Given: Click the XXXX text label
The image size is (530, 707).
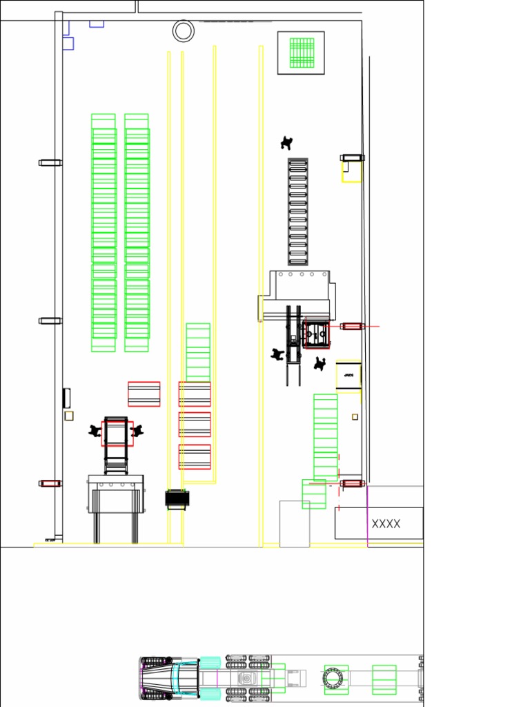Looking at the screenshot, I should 386,524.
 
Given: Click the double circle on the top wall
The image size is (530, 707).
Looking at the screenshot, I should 184,30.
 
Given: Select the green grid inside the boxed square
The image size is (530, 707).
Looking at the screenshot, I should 302,52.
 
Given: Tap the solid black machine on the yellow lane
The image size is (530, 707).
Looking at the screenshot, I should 177,498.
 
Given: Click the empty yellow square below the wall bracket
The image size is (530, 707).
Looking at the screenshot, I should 351,172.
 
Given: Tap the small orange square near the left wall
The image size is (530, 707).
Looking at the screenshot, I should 69,416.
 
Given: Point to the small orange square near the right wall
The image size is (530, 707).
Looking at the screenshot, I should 355,416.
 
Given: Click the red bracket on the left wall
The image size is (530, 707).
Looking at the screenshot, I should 50,483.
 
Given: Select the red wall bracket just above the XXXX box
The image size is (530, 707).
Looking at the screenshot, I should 352,483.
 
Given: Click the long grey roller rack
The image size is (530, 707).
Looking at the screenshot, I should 298,211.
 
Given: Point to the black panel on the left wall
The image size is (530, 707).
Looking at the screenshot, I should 67,398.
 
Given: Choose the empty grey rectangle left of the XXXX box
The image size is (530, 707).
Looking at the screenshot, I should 295,524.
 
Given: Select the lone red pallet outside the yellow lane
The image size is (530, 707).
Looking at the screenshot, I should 144,394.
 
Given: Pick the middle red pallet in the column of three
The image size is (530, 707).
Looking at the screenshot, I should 195,425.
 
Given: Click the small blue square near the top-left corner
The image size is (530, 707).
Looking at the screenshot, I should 68,43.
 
